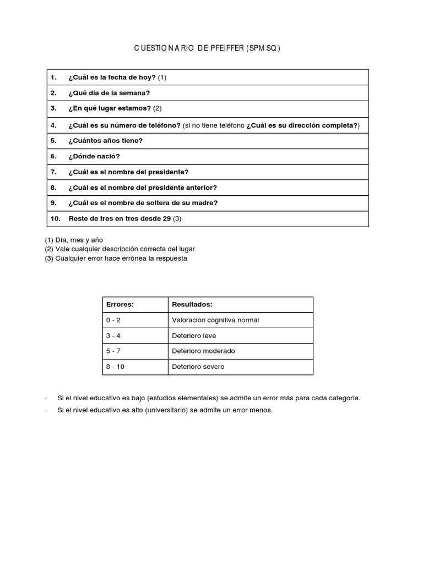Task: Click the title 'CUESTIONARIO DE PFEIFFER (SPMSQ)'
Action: click(207, 48)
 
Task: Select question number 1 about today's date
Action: click(117, 78)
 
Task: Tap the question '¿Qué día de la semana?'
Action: click(109, 93)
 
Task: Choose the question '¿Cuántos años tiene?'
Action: click(105, 141)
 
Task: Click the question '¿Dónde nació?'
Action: click(94, 156)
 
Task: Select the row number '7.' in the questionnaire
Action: click(53, 172)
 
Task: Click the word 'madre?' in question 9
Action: click(205, 203)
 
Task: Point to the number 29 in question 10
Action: click(167, 219)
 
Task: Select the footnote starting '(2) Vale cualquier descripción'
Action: click(120, 249)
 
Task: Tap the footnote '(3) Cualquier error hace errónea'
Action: click(116, 258)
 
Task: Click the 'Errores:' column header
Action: click(120, 305)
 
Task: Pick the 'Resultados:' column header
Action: click(192, 305)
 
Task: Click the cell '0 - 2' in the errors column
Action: click(113, 320)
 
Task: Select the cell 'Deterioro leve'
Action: click(194, 335)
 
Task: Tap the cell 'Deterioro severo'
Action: click(198, 367)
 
